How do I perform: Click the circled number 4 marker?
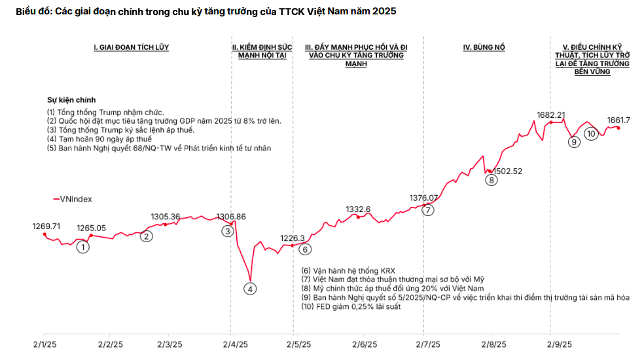251,287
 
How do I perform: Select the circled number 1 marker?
82,247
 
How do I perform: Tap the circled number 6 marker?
305,249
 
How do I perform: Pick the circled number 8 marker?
492,180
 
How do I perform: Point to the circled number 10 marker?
591,134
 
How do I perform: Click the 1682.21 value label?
550,115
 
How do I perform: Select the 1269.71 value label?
46,226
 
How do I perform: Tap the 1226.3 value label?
293,238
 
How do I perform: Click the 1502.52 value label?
508,171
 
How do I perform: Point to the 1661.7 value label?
618,120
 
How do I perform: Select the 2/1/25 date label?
43,344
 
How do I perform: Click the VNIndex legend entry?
72,198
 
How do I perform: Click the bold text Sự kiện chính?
71,100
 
